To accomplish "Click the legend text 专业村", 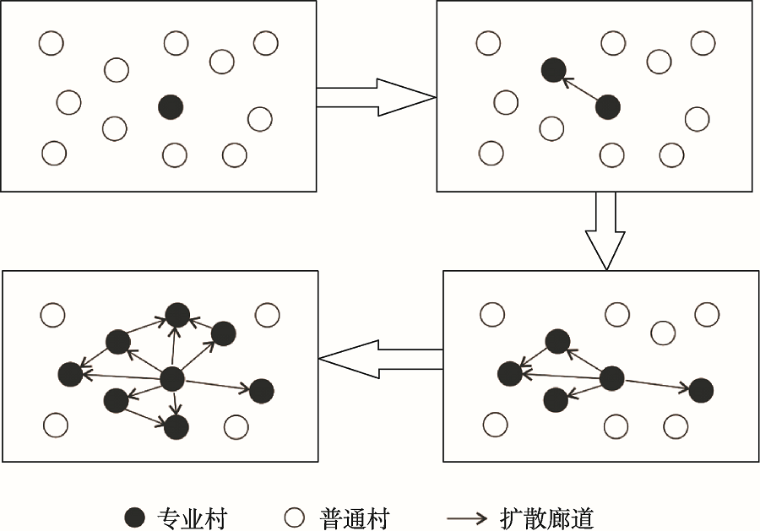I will point(192,517).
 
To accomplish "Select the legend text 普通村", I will point(355,517).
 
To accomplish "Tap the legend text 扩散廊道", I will point(546,517).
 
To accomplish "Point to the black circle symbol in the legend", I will point(134,517).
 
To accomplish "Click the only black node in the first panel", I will point(171,106).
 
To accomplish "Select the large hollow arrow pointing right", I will point(375,97).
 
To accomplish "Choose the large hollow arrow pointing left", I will point(380,360).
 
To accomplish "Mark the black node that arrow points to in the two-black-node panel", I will point(552,71).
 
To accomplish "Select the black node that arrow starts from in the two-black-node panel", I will point(607,107).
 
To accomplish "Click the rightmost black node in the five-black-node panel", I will point(700,390).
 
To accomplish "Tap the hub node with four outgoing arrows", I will point(611,378).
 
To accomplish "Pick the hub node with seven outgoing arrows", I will point(172,379).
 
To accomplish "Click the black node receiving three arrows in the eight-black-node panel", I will point(177,315).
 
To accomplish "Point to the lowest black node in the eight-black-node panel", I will point(176,427).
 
